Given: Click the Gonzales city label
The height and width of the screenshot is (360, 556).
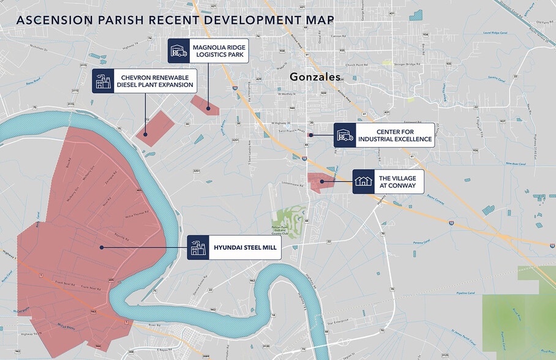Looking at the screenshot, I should click(314, 78).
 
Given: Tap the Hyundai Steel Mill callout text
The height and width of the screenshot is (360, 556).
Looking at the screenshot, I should click(245, 248).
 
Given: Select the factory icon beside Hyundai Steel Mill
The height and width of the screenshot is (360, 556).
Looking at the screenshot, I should click(198, 248).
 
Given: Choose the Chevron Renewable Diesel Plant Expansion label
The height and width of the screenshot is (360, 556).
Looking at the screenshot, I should click(155, 80).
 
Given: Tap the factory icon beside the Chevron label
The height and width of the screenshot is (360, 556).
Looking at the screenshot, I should click(102, 80).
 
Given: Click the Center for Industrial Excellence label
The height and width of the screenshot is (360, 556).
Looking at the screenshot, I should click(396, 135).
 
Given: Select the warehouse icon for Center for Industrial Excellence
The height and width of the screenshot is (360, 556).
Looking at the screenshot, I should click(345, 135).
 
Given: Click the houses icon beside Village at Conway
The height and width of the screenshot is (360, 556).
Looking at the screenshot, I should click(363, 181).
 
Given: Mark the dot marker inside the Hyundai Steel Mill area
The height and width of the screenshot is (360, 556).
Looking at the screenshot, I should click(101, 247).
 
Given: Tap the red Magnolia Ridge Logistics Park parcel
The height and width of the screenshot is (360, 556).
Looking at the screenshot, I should click(205, 105).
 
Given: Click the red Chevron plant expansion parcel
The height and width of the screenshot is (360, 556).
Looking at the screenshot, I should click(154, 127).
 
